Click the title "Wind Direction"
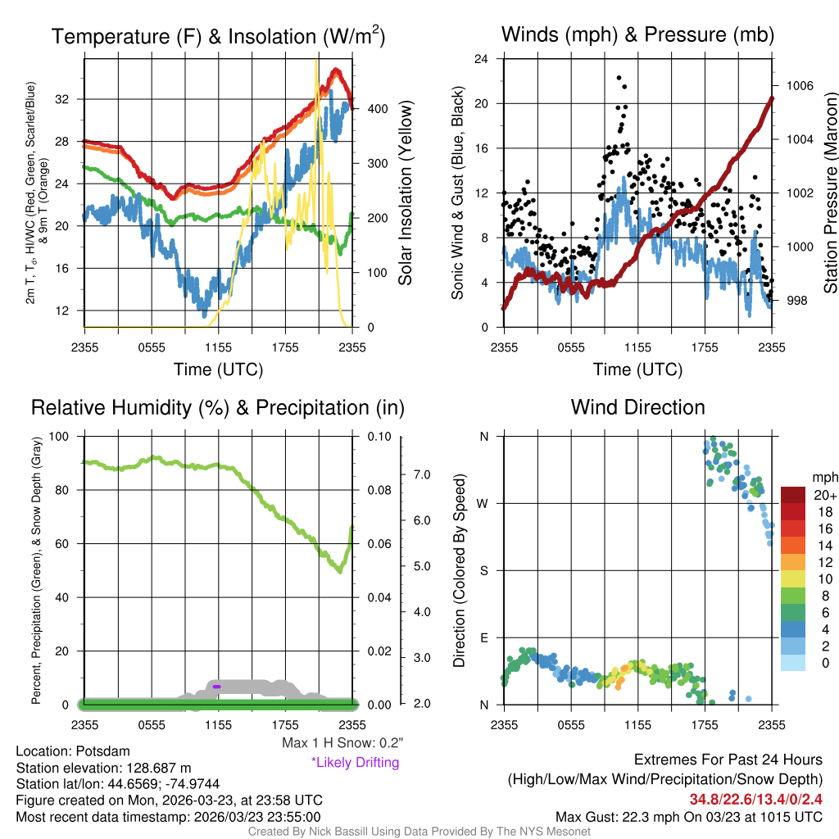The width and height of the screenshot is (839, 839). tap(637, 407)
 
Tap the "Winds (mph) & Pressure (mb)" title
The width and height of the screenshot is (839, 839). tap(637, 34)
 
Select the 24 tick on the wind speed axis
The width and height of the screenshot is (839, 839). tap(482, 59)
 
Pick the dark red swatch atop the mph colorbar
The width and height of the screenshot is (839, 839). tap(794, 495)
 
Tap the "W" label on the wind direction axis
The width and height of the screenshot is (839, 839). tap(483, 503)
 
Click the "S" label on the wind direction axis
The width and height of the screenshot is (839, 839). tap(483, 570)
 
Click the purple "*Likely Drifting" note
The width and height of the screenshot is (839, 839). tap(355, 762)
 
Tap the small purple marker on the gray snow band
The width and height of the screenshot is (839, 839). tap(217, 686)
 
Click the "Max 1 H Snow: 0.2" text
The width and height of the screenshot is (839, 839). tap(342, 743)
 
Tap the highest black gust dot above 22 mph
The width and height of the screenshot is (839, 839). tap(619, 78)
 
